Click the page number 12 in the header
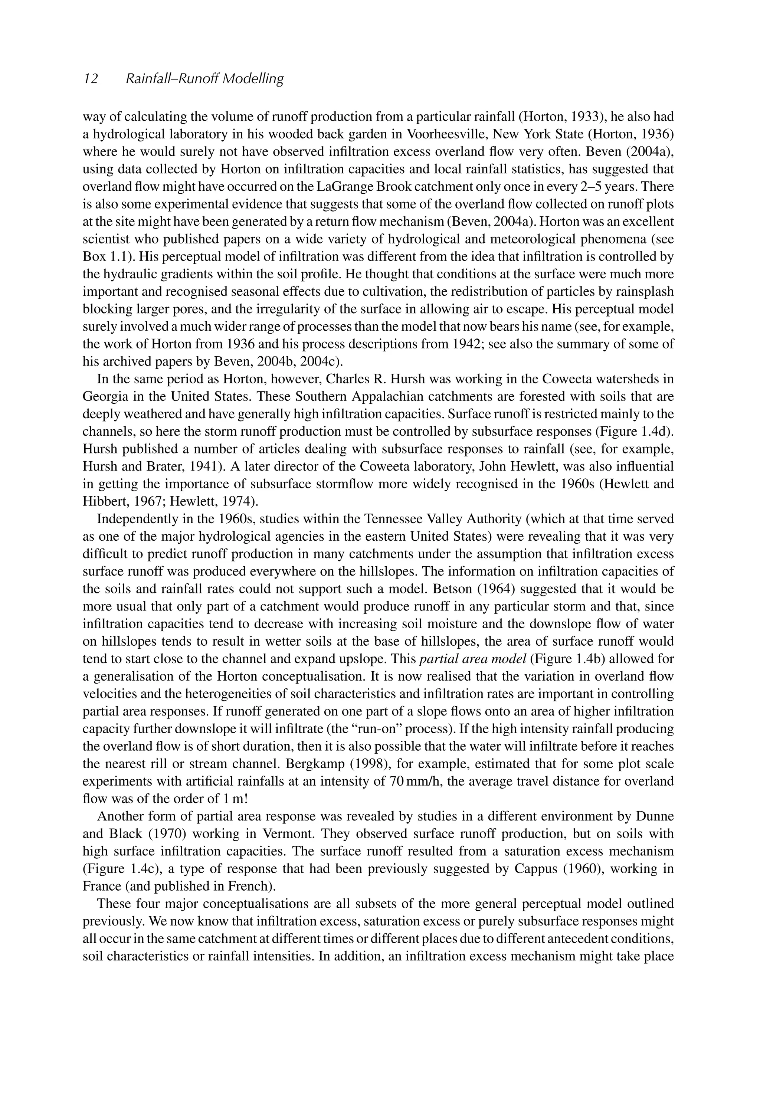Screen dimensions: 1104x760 click(91, 79)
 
